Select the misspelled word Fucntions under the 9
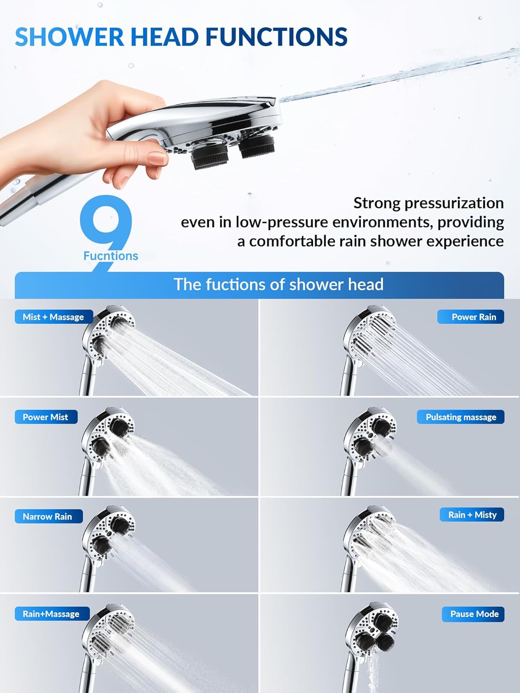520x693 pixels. coord(110,256)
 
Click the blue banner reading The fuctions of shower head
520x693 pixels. coord(278,285)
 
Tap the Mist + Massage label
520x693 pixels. coord(53,317)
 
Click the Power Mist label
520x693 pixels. coord(45,417)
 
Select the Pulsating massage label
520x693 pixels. coord(460,417)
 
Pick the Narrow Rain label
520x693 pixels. coord(48,517)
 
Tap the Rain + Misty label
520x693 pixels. coord(472,515)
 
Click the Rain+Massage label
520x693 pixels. coord(51,614)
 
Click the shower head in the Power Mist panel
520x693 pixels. coord(109,434)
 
